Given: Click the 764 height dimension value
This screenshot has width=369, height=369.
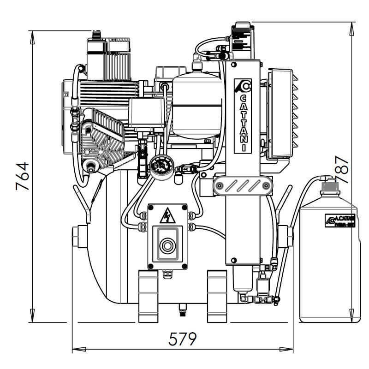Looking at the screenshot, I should pyautogui.click(x=22, y=176).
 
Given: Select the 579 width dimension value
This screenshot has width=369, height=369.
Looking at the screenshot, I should pyautogui.click(x=183, y=339).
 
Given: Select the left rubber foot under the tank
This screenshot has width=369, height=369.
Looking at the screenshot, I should pyautogui.click(x=148, y=296).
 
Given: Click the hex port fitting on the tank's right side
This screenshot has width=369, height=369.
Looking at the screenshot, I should pyautogui.click(x=288, y=236).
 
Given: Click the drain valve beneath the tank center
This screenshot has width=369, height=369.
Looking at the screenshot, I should pyautogui.click(x=182, y=310).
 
